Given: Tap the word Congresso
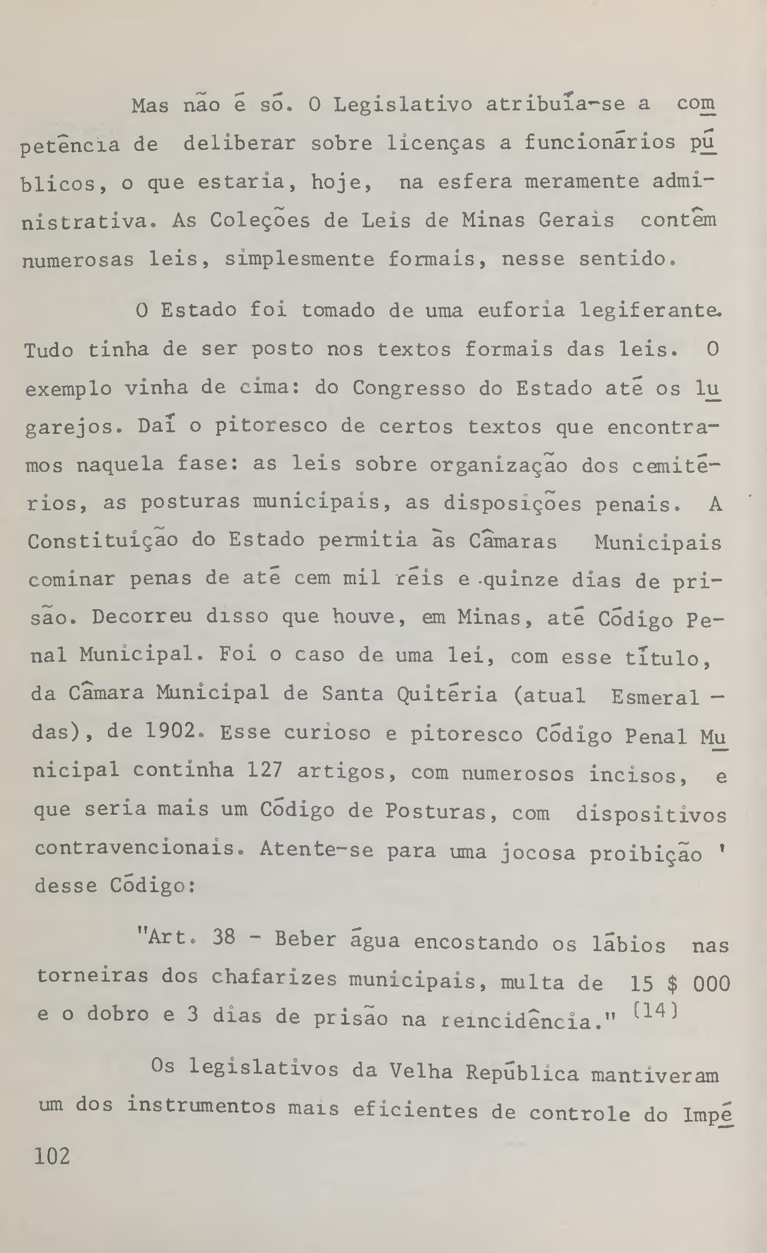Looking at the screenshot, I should click(409, 388).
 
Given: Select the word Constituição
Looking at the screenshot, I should click(102, 541).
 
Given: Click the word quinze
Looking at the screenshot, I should click(521, 579).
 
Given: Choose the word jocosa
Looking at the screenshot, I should click(538, 852).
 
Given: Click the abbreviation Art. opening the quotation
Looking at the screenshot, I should click(165, 937).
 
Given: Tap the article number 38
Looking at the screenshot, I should click(224, 937).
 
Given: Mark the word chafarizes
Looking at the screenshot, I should click(274, 978).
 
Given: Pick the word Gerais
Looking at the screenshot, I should click(576, 221).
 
